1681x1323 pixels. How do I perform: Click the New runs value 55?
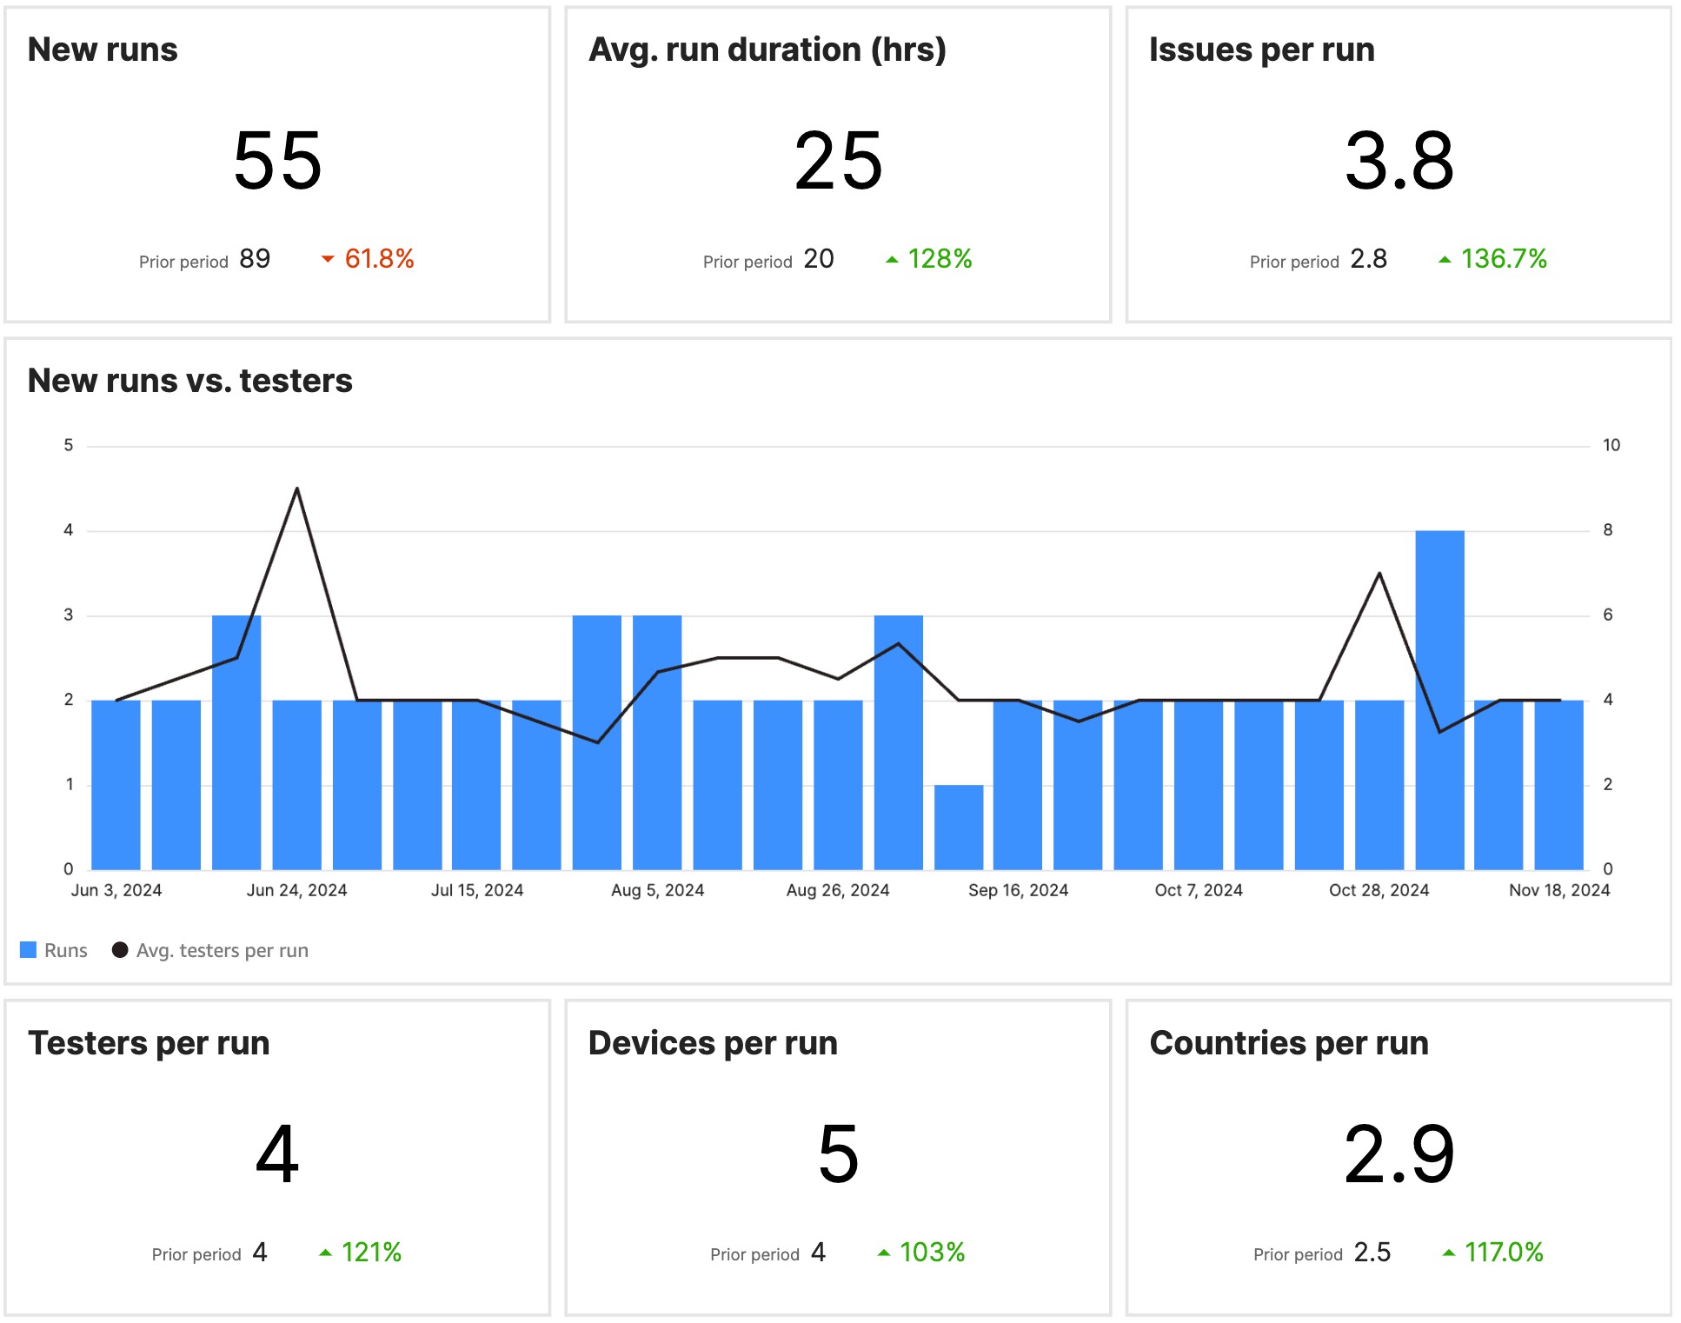pyautogui.click(x=277, y=161)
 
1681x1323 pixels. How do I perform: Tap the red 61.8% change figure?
pyautogui.click(x=379, y=259)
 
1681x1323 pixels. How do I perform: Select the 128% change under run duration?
pyautogui.click(x=940, y=259)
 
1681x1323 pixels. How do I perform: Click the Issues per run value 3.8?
pyautogui.click(x=1399, y=161)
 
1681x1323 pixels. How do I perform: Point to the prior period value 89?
pyautogui.click(x=255, y=259)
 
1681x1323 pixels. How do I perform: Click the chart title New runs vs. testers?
pyautogui.click(x=189, y=381)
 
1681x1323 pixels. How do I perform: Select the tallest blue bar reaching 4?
pyautogui.click(x=1439, y=700)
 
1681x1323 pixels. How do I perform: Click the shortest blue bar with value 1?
pyautogui.click(x=959, y=827)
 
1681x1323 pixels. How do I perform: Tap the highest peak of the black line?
pyautogui.click(x=297, y=489)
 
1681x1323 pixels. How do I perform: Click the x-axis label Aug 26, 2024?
pyautogui.click(x=838, y=890)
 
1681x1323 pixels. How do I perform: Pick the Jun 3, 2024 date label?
pyautogui.click(x=116, y=890)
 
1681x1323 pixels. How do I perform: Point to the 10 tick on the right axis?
pyautogui.click(x=1611, y=445)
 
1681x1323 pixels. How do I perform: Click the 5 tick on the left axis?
pyautogui.click(x=69, y=445)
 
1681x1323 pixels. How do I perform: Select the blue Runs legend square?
pyautogui.click(x=29, y=950)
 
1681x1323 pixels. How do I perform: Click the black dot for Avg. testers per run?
pyautogui.click(x=120, y=950)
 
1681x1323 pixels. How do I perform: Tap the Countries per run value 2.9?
pyautogui.click(x=1399, y=1154)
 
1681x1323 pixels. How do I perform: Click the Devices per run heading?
pyautogui.click(x=713, y=1043)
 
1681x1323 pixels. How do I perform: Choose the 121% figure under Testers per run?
pyautogui.click(x=371, y=1253)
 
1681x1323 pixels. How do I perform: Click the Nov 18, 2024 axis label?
pyautogui.click(x=1559, y=890)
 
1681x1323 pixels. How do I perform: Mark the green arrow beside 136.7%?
pyautogui.click(x=1445, y=259)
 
